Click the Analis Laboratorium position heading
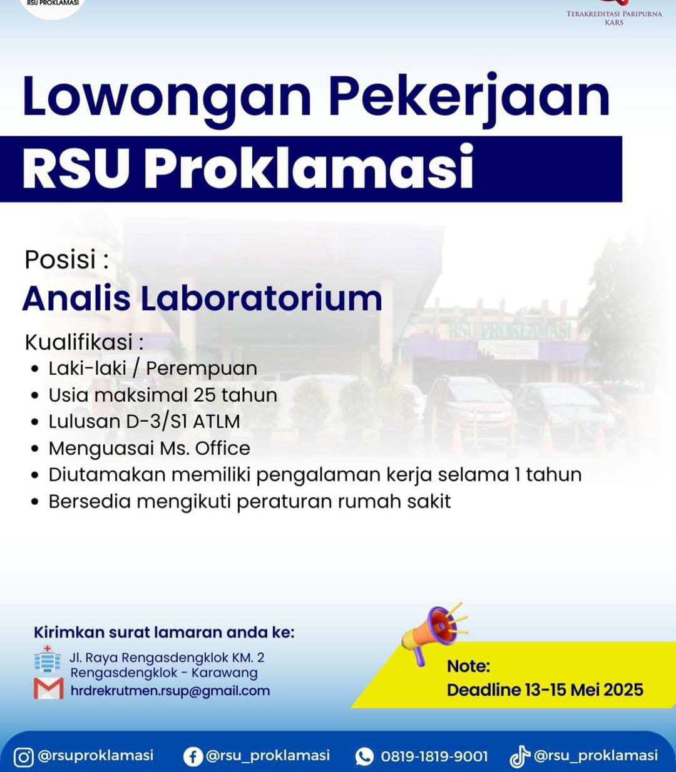[203, 298]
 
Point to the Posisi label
[67, 260]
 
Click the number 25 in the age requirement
[205, 395]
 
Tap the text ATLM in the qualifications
[217, 422]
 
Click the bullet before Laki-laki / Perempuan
[35, 369]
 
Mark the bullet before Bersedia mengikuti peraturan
[35, 502]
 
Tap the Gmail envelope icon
[49, 689]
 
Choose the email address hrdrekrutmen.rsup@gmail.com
[170, 691]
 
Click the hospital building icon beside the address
[47, 659]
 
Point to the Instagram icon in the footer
[23, 757]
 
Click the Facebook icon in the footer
[193, 756]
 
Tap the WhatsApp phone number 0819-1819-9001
[434, 756]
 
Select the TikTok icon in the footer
[520, 757]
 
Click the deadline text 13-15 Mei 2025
[584, 690]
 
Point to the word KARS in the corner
[614, 23]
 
